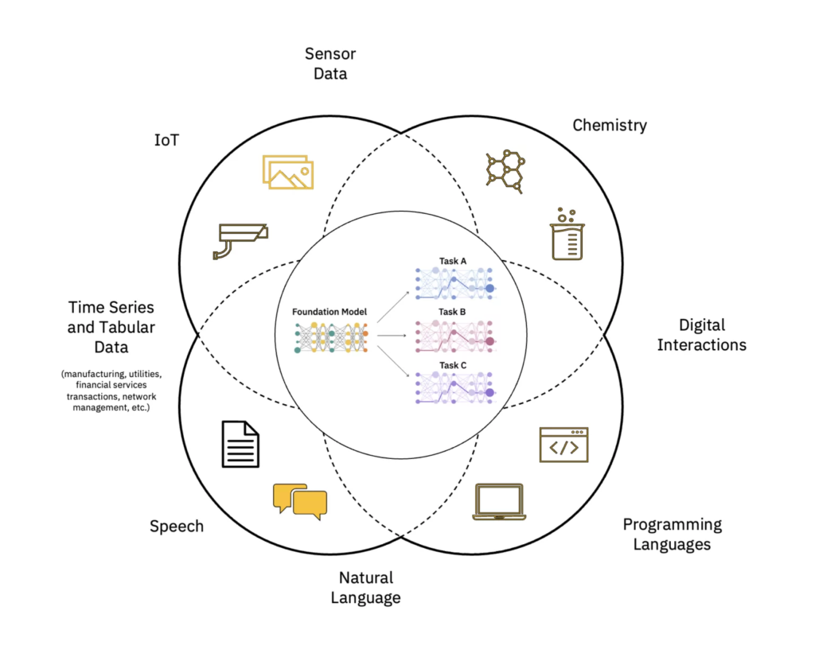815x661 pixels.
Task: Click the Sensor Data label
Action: coord(330,64)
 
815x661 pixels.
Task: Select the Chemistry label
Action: coord(610,125)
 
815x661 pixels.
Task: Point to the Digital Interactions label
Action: coord(701,335)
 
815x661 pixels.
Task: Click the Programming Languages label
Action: coord(673,535)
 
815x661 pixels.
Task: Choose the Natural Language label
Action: coord(366,588)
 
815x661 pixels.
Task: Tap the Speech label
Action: coord(177,526)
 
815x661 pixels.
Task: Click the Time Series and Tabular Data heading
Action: coord(111,327)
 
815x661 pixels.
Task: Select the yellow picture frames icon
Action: coord(288,172)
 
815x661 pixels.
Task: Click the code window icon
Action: coord(563,445)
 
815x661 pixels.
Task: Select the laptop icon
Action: coord(499,502)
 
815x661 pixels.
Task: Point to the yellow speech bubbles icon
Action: coord(300,501)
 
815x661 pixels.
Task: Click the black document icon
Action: coord(240,444)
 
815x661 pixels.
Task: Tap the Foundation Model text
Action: coord(330,312)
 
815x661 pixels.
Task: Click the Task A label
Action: coord(453,260)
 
